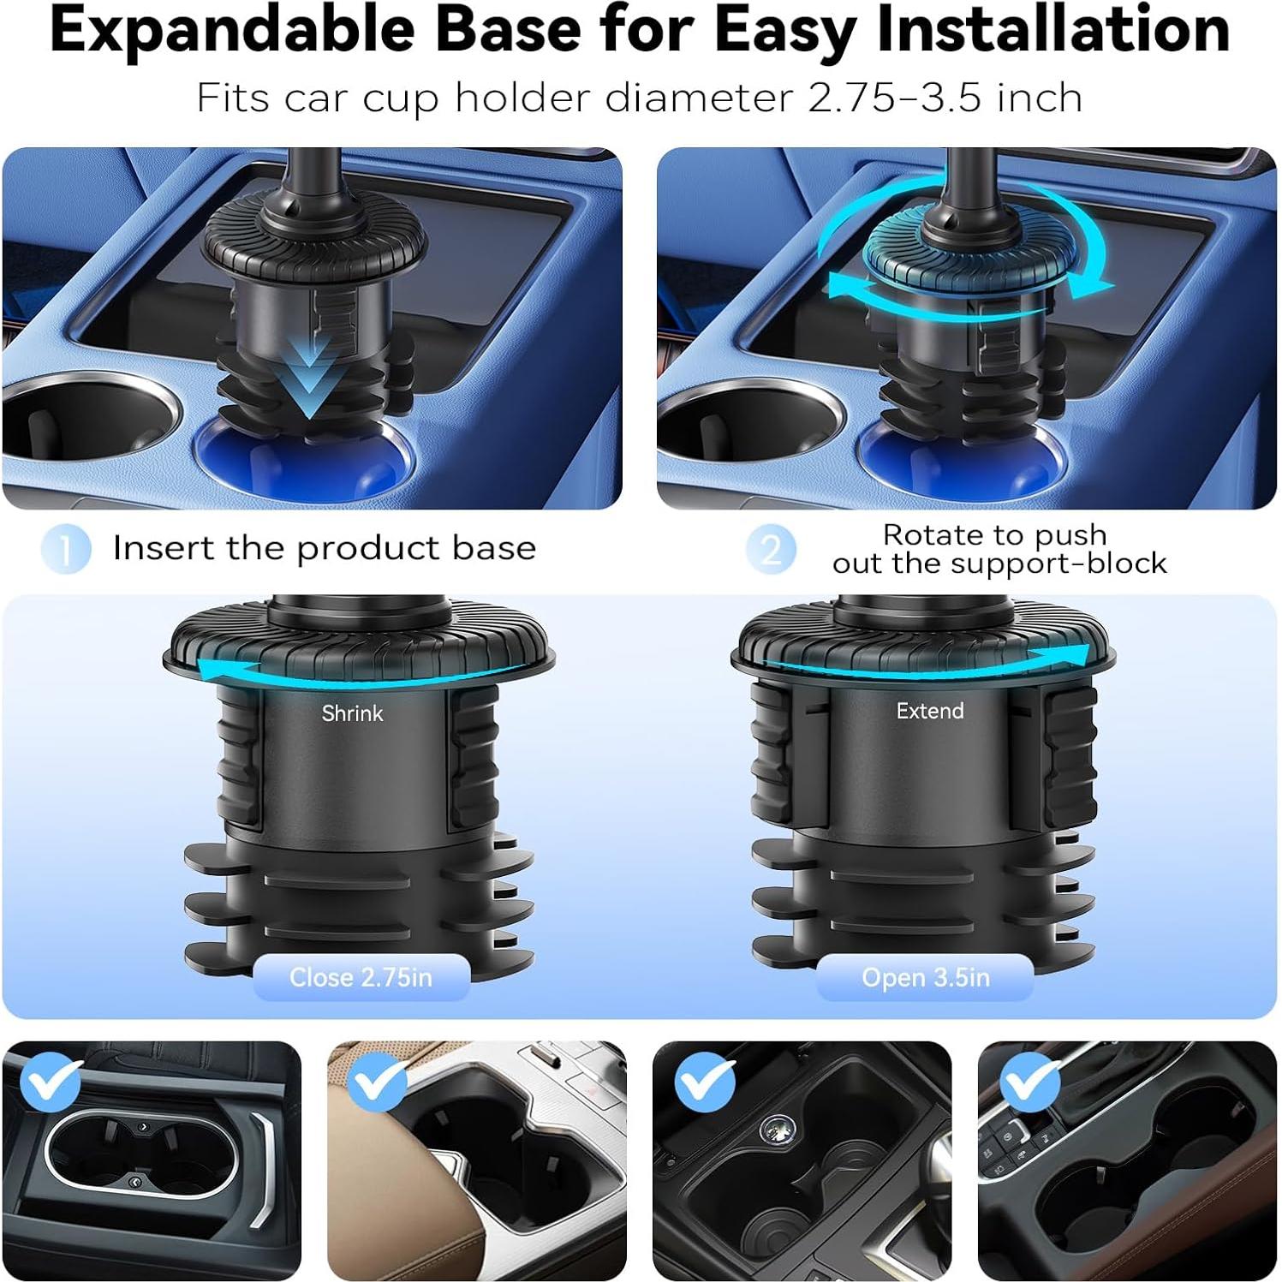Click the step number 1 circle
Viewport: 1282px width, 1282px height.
[66, 549]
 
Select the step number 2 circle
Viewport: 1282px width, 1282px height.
[771, 549]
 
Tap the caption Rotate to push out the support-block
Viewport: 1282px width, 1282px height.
[999, 549]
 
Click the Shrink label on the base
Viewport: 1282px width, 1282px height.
[352, 713]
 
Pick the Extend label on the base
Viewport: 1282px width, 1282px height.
[929, 711]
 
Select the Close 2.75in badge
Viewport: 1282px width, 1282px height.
[361, 977]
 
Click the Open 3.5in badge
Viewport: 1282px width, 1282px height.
[925, 977]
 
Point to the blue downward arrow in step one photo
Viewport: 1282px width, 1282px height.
[308, 377]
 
